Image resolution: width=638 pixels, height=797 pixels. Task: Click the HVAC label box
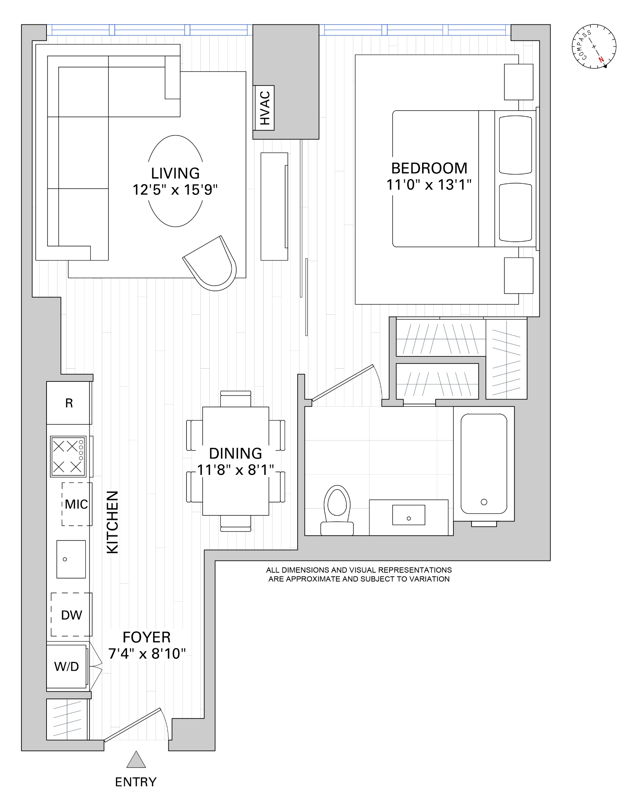[x=264, y=108]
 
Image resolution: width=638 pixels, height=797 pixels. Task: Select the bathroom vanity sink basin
[x=408, y=515]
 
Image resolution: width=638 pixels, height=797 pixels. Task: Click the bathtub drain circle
[x=484, y=502]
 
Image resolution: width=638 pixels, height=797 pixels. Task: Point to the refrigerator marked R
[x=69, y=403]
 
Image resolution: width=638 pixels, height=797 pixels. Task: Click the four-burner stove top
[x=68, y=456]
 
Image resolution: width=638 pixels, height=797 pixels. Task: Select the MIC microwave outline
[x=76, y=504]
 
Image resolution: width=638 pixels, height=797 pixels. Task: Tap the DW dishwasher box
[x=71, y=615]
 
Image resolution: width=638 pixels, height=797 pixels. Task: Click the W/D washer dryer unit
[x=66, y=666]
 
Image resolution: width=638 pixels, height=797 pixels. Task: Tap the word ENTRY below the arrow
[x=136, y=782]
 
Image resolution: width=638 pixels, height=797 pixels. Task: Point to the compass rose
[x=594, y=46]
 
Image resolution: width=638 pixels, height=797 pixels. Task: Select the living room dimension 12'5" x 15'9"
[x=175, y=190]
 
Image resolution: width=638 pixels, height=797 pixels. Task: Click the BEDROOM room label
[x=429, y=168]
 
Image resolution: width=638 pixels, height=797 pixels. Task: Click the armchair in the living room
[x=213, y=264]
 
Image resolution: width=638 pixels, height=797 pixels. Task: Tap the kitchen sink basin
[x=71, y=559]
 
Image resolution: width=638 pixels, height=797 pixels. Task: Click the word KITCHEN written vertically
[x=112, y=522]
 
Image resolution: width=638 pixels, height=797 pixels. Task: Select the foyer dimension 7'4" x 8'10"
[x=147, y=653]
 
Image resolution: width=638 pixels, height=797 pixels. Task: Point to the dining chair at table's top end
[x=236, y=399]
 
